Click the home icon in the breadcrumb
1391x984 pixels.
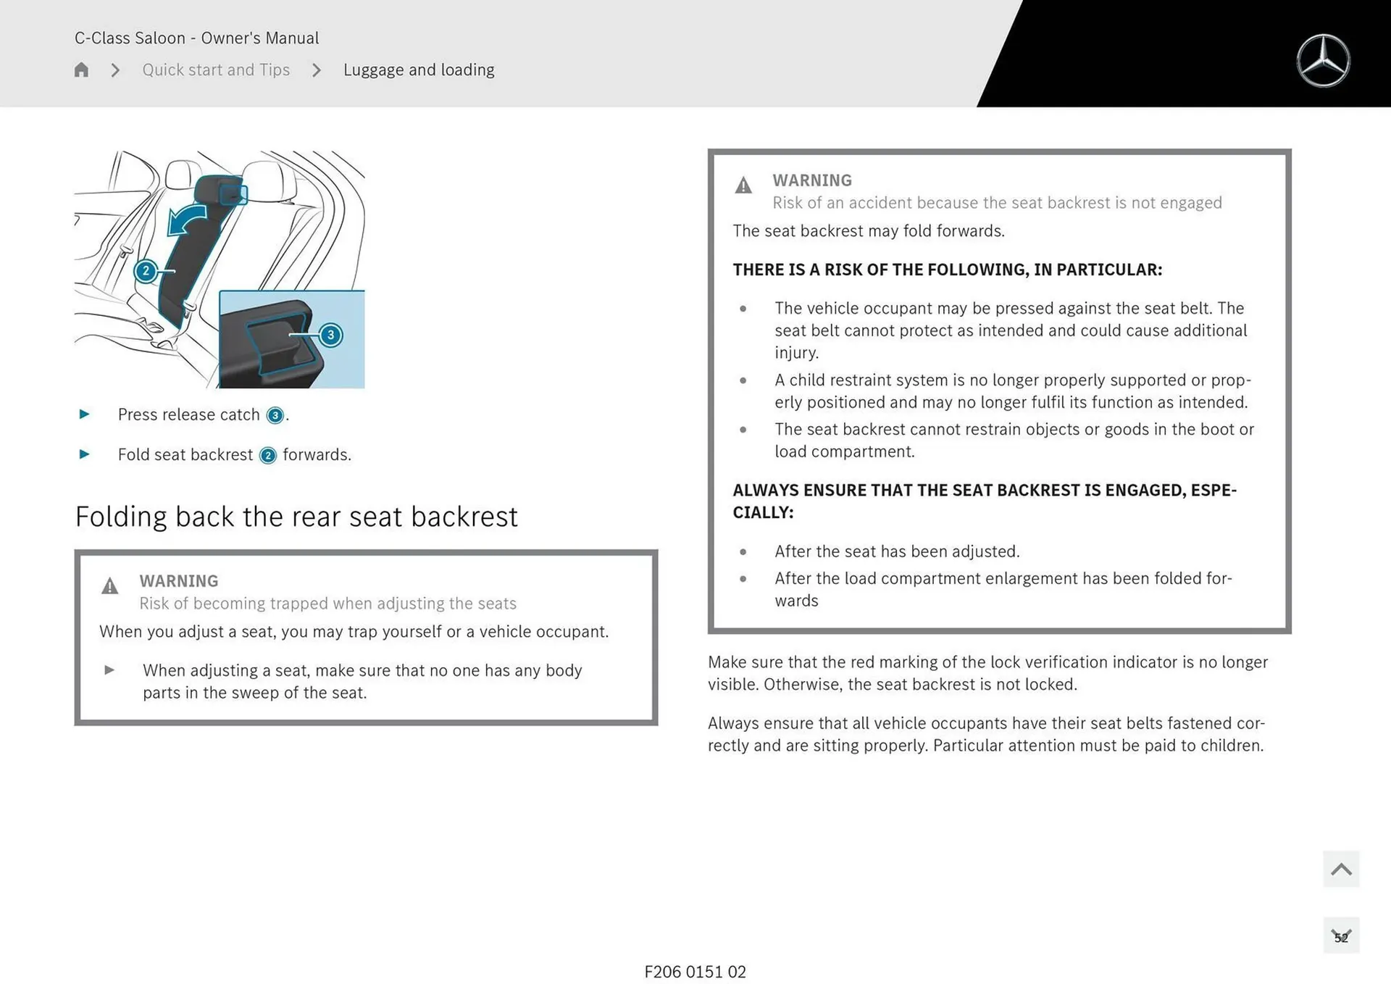click(x=81, y=70)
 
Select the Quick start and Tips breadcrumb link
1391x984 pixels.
click(x=216, y=70)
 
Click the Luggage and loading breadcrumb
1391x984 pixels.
click(x=419, y=70)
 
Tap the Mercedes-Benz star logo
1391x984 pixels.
click(x=1323, y=61)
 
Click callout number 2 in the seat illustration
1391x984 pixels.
click(x=146, y=271)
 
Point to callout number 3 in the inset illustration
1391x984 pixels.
click(x=331, y=335)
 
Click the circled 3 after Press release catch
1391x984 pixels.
click(x=275, y=415)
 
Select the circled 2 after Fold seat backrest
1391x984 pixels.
click(x=268, y=455)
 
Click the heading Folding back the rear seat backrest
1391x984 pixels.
click(x=296, y=517)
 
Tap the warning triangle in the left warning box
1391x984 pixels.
click(x=109, y=585)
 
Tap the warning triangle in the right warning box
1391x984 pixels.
click(x=743, y=185)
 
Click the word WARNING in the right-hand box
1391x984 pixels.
click(x=811, y=180)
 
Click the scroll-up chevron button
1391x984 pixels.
click(x=1341, y=869)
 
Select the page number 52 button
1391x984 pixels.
click(x=1341, y=936)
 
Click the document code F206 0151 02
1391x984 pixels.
click(x=695, y=972)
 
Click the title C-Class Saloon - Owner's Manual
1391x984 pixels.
click(x=196, y=38)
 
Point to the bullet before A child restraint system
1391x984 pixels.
click(x=743, y=380)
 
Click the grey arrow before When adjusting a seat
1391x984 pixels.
click(x=109, y=670)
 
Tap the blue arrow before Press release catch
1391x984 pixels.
click(x=84, y=414)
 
